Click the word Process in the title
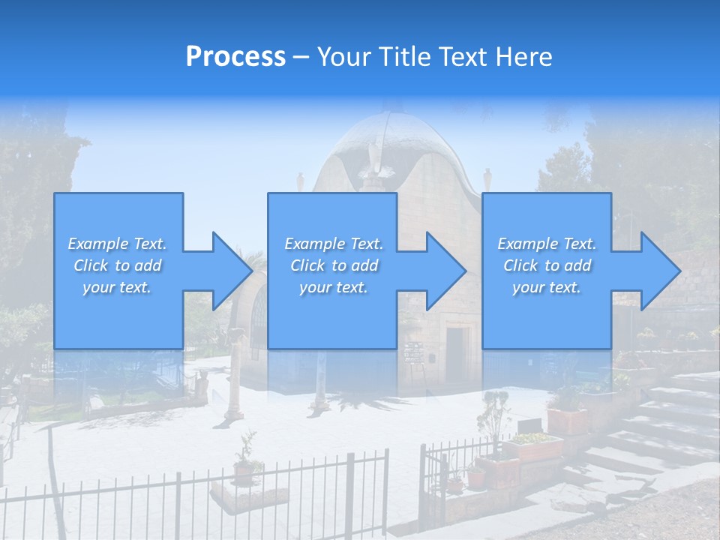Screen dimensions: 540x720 pos(235,57)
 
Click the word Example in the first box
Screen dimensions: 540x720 pos(98,244)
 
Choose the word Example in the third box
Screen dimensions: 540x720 pos(528,244)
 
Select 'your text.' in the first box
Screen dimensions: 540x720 pos(117,287)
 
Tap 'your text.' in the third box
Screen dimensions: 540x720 pos(547,287)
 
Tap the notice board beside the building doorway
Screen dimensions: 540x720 pos(413,353)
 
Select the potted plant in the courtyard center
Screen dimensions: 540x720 pos(244,461)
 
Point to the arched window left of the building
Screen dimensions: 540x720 pos(258,322)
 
